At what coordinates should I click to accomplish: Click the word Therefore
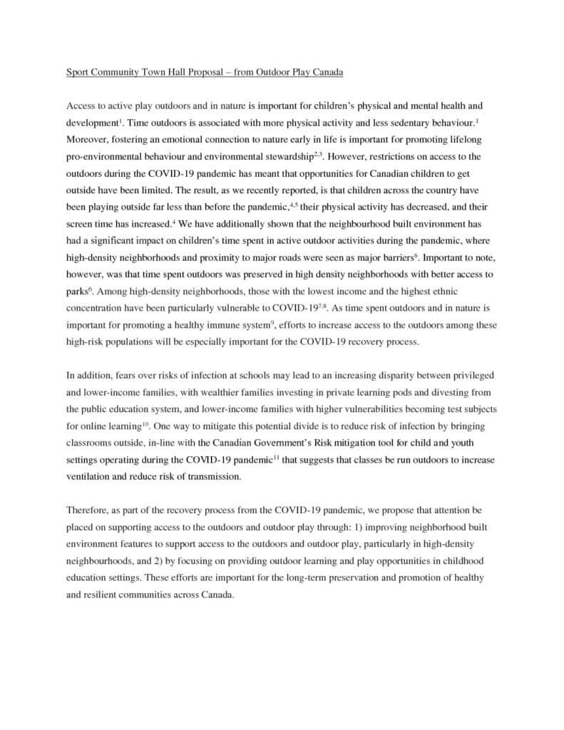click(x=89, y=510)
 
